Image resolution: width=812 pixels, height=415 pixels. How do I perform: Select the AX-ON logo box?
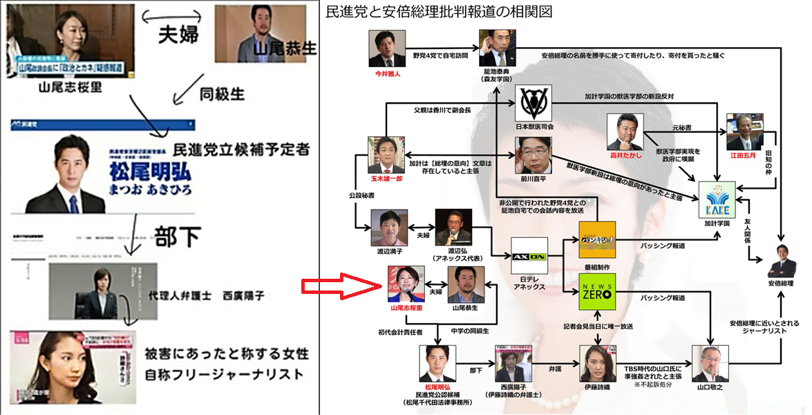tap(529, 257)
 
